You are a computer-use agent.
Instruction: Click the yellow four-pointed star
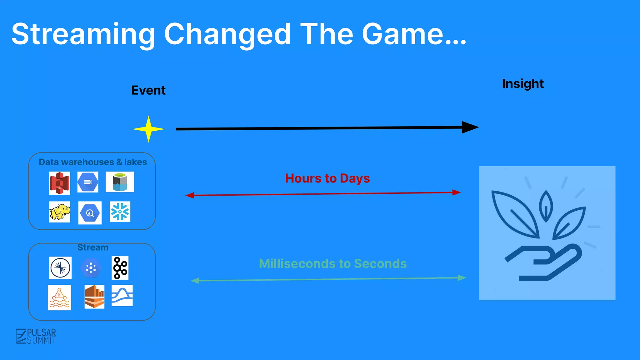(148, 129)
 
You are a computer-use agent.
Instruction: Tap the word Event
(148, 90)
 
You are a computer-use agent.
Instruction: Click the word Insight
(523, 84)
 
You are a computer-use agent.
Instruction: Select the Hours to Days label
(327, 178)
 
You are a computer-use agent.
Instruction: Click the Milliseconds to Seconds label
(333, 264)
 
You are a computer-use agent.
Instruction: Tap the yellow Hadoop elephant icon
(60, 212)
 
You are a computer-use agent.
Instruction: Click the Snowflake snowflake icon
(120, 212)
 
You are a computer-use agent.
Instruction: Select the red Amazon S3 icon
(60, 183)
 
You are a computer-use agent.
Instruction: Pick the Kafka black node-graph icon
(120, 268)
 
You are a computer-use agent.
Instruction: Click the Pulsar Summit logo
(36, 336)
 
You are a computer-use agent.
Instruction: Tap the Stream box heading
(93, 247)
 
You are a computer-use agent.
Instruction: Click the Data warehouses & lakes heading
(93, 162)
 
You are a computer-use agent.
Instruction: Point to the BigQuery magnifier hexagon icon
(90, 213)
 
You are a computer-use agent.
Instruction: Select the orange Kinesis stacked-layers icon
(94, 297)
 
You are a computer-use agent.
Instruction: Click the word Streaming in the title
(83, 34)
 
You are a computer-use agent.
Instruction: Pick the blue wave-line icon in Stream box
(122, 296)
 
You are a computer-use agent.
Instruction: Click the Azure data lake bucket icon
(120, 182)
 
